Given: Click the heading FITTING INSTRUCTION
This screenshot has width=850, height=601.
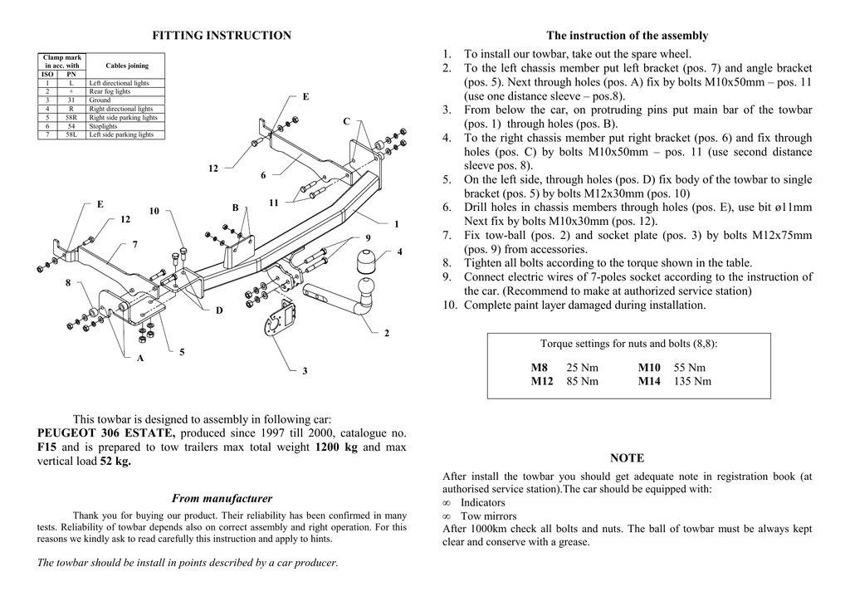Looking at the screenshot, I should click(x=222, y=36).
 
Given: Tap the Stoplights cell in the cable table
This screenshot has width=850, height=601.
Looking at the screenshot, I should click(x=104, y=126).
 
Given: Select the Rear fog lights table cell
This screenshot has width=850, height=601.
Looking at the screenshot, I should click(x=110, y=91).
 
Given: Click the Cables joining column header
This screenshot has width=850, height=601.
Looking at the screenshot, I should click(x=127, y=66).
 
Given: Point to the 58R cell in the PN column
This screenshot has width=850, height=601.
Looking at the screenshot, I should click(x=71, y=118).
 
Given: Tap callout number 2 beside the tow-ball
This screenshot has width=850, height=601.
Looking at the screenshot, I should click(x=387, y=333).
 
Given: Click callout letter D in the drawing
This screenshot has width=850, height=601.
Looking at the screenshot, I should click(x=219, y=310).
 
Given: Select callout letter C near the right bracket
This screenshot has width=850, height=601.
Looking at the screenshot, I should click(x=347, y=122).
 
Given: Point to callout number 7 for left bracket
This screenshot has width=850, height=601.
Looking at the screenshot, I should click(x=134, y=244).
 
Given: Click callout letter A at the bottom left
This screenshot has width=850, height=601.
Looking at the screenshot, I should click(x=140, y=358).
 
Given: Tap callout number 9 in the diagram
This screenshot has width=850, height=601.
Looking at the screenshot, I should click(x=368, y=238).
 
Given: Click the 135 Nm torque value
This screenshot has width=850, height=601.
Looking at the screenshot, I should click(x=692, y=382).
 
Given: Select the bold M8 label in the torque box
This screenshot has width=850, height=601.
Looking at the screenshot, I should click(x=540, y=368).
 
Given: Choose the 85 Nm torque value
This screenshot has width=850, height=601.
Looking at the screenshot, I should click(x=582, y=382).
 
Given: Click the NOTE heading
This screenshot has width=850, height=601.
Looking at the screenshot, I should click(x=627, y=458).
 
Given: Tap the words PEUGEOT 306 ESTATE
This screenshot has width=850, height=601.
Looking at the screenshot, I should click(x=106, y=433).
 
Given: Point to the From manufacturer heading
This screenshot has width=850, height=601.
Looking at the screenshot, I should click(x=222, y=499).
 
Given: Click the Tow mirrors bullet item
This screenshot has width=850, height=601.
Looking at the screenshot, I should click(x=488, y=515).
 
